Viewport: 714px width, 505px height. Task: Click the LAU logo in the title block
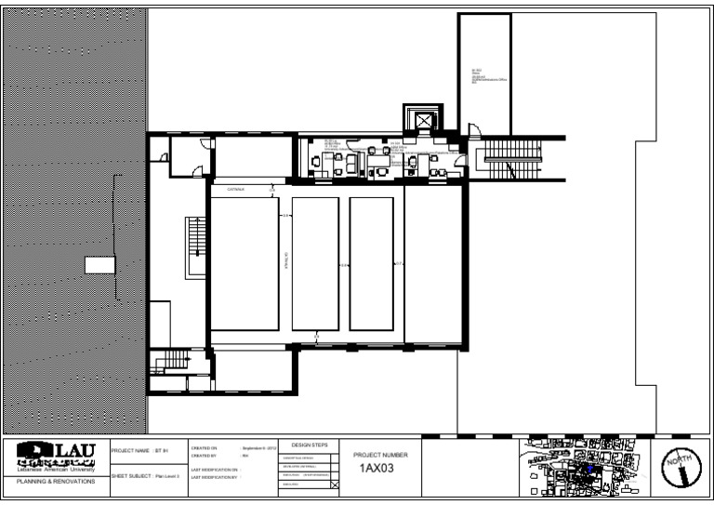click(56, 455)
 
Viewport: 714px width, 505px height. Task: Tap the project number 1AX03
click(377, 468)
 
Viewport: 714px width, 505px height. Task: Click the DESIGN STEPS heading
click(310, 445)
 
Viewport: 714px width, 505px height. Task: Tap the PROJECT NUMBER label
click(380, 455)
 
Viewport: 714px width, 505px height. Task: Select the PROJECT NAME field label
click(130, 450)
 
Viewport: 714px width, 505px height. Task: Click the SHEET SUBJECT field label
click(131, 474)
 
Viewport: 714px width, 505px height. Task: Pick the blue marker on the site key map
click(588, 471)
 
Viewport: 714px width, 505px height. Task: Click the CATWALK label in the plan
click(236, 189)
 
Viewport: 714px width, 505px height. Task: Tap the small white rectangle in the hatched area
click(99, 265)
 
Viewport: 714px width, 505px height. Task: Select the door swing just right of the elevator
click(471, 132)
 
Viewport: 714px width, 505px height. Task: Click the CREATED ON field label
click(204, 448)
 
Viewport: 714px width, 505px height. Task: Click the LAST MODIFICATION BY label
click(215, 478)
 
